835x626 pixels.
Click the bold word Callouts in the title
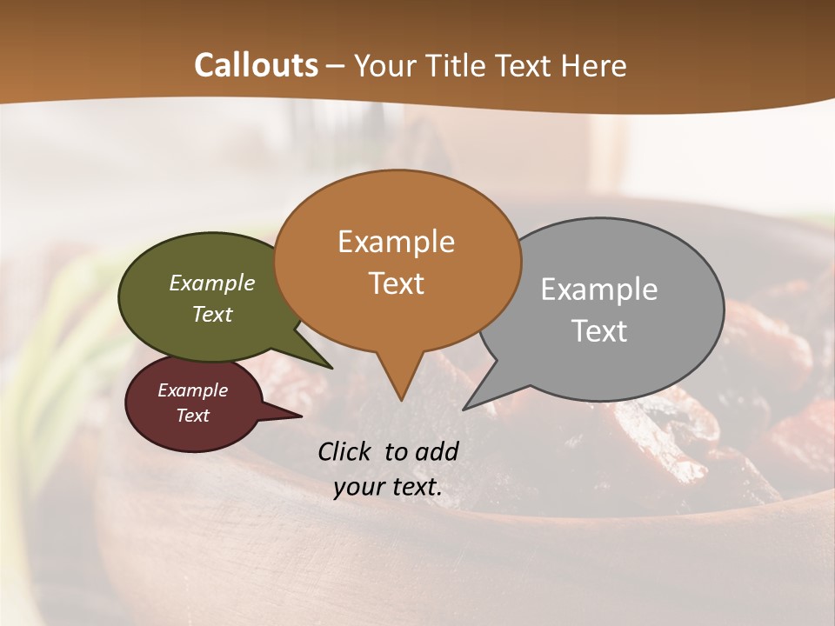tap(257, 65)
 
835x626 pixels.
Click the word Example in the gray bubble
tap(599, 289)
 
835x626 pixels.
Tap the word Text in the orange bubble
tap(397, 283)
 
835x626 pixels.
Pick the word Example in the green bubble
tap(212, 283)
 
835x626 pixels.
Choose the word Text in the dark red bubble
tap(193, 416)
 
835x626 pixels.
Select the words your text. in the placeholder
tap(388, 487)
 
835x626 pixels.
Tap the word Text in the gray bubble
tap(599, 330)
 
